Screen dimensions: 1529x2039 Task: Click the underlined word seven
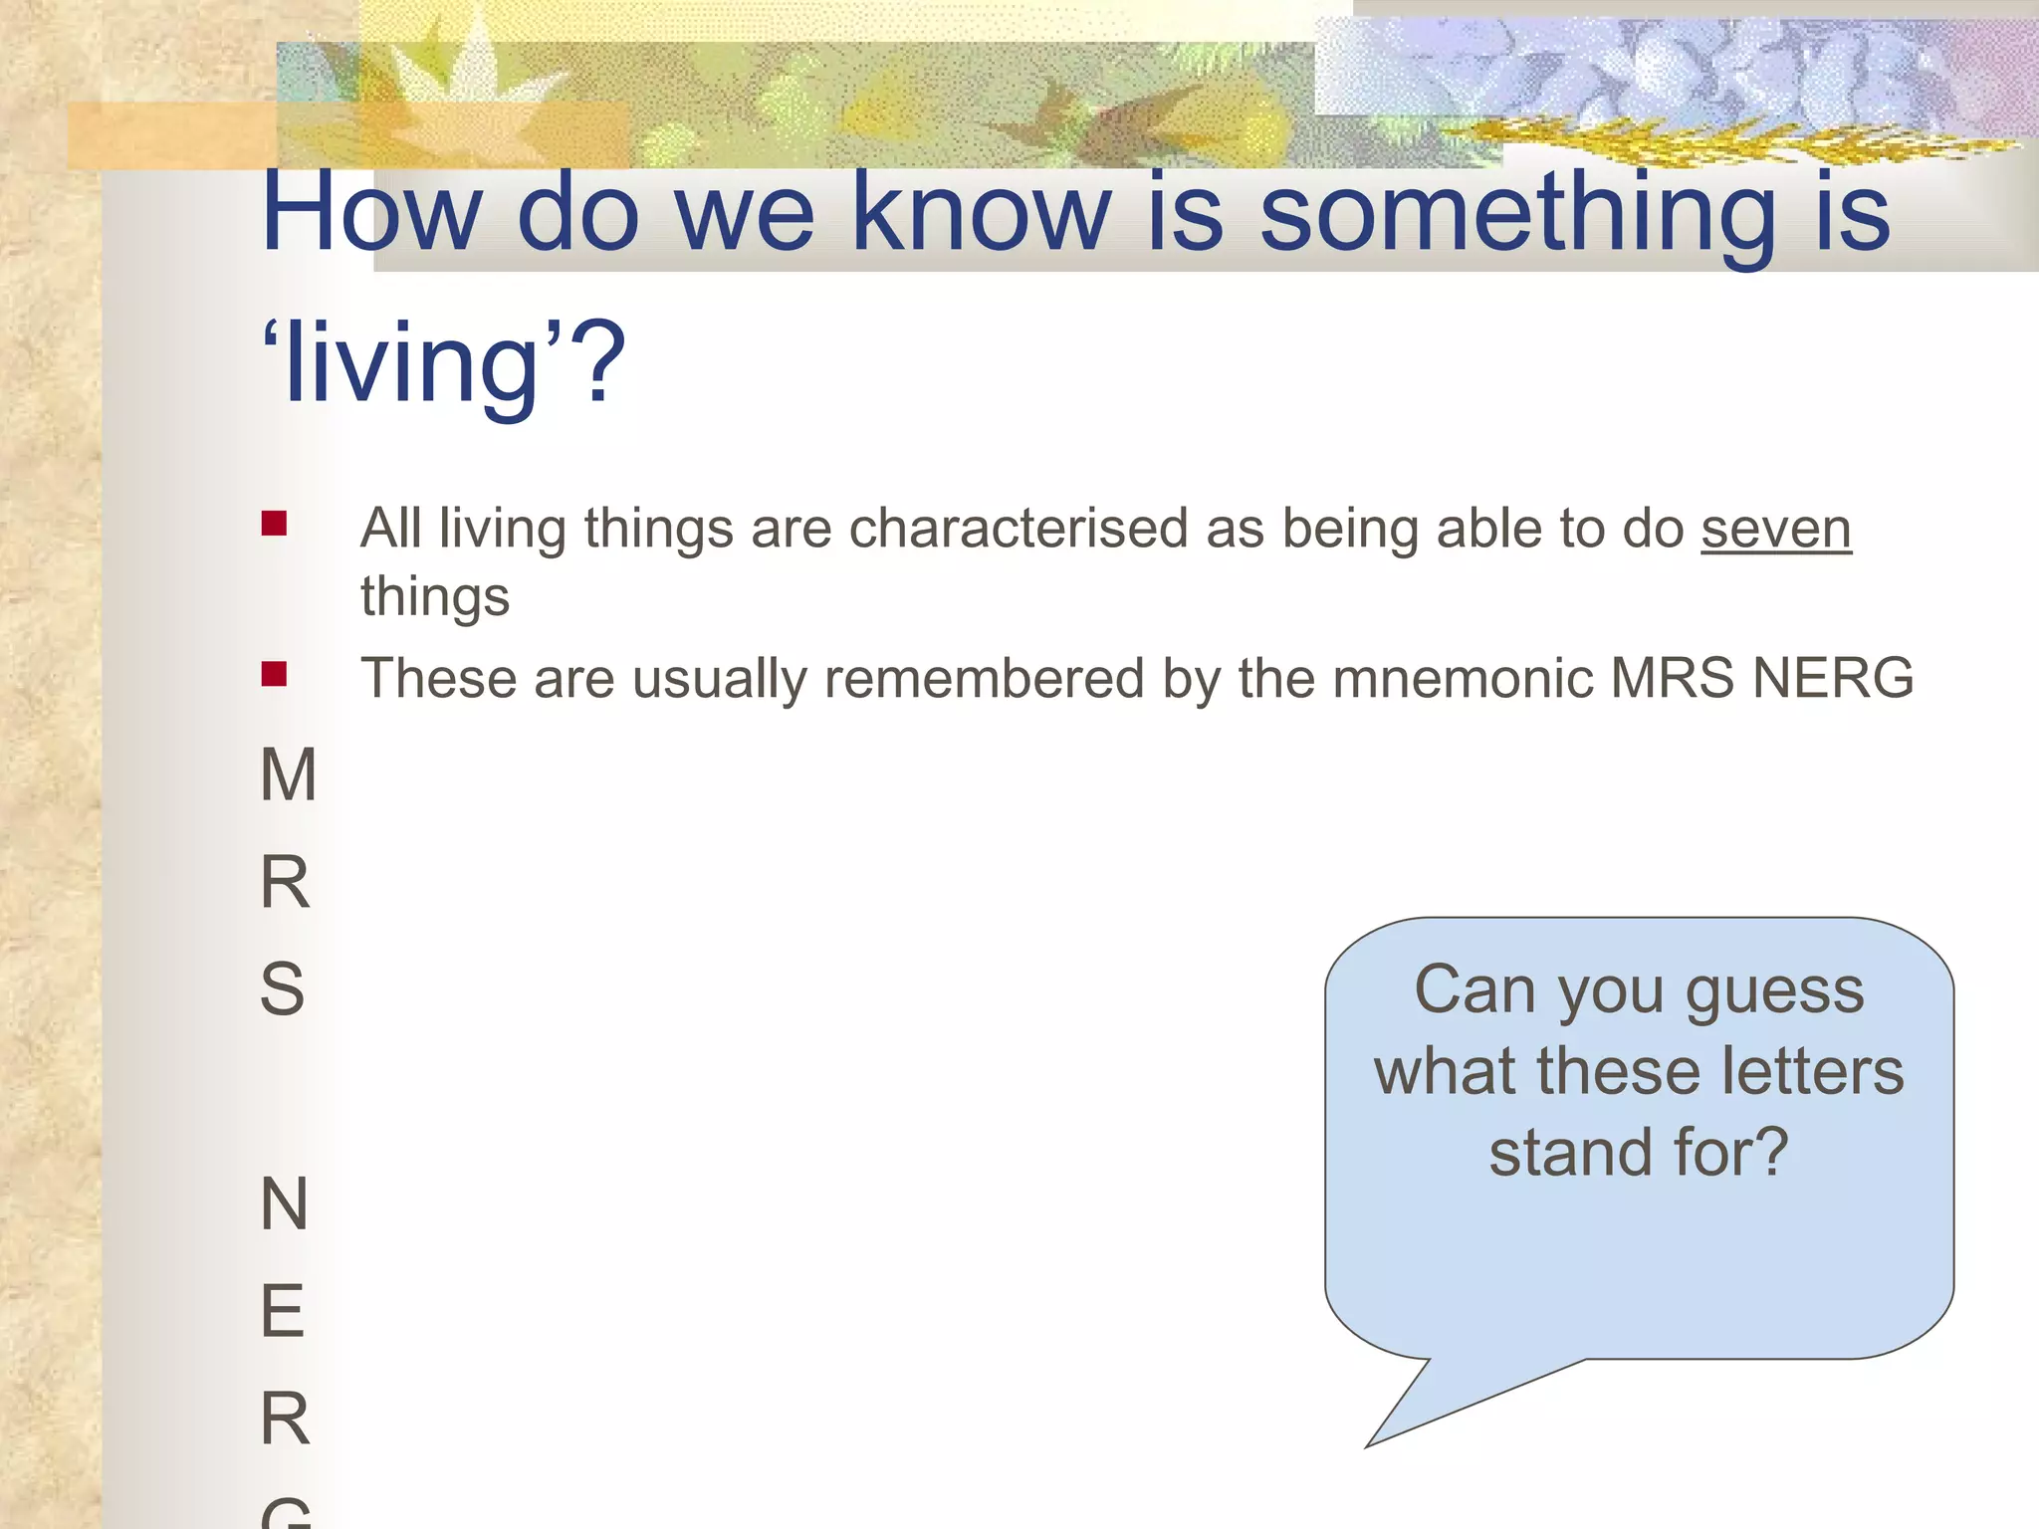(x=1775, y=529)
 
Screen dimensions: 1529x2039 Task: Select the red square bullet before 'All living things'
(x=274, y=524)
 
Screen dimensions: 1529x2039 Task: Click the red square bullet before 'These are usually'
(x=274, y=675)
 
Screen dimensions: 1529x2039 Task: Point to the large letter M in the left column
(x=288, y=775)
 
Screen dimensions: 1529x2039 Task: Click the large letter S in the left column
(x=282, y=989)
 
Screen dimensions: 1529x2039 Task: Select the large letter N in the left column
(x=284, y=1204)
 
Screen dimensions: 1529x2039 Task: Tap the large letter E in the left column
(x=282, y=1312)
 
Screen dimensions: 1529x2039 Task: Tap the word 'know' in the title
(x=981, y=213)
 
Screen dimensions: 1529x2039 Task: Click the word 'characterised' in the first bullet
(x=1018, y=529)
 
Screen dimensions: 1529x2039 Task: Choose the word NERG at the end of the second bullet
(x=1832, y=679)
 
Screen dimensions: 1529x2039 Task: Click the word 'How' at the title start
(x=370, y=213)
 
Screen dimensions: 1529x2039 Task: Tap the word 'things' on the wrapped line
(x=435, y=598)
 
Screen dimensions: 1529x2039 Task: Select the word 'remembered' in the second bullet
(x=984, y=679)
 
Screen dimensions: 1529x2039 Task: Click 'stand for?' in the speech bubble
(x=1639, y=1153)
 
